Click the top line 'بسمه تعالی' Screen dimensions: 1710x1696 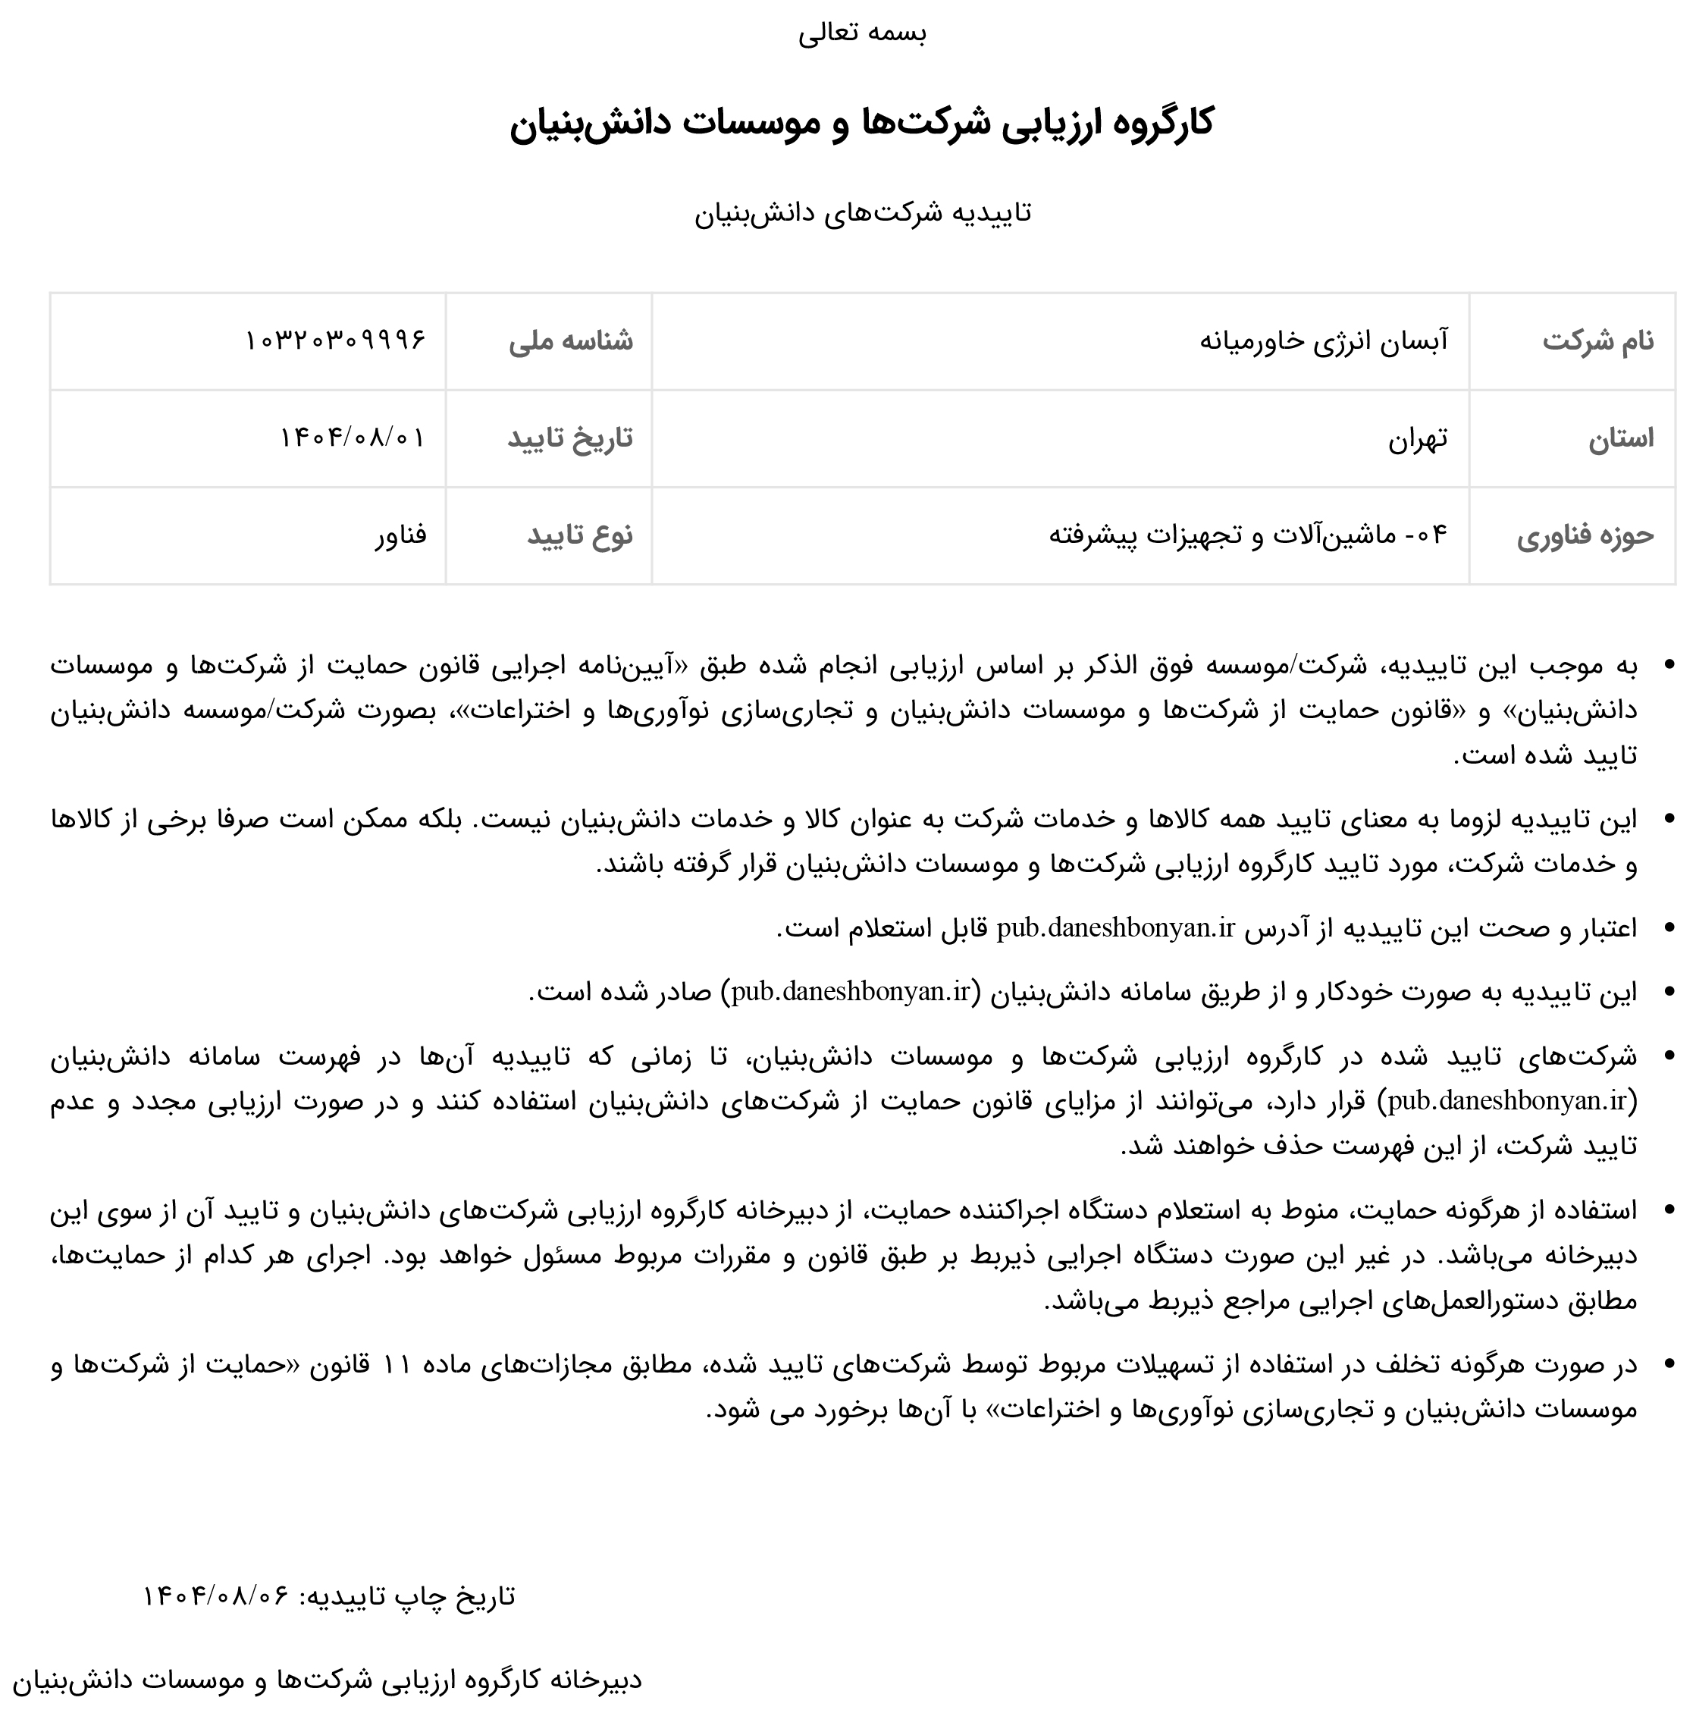point(862,33)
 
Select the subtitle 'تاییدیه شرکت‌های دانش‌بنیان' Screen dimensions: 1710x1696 point(862,213)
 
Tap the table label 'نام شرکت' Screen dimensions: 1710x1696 point(1597,340)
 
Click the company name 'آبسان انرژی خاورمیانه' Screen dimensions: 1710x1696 point(1324,340)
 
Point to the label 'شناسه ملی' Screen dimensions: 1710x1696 point(571,340)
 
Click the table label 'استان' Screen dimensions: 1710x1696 point(1621,438)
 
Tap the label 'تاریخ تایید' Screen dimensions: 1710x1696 point(570,438)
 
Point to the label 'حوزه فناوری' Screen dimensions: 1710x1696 point(1585,535)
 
